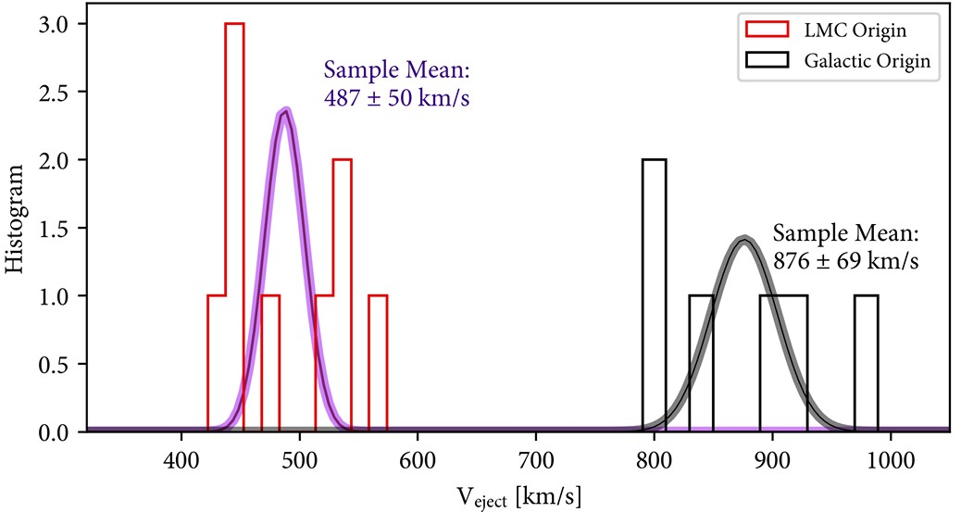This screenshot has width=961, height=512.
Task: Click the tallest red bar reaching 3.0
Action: click(234, 227)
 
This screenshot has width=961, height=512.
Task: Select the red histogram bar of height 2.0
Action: click(342, 294)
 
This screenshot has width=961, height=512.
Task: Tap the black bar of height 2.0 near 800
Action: click(654, 294)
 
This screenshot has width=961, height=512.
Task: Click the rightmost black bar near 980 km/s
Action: click(866, 363)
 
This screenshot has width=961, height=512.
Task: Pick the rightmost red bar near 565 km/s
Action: click(378, 363)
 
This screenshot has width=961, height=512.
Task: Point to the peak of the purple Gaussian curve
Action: click(286, 110)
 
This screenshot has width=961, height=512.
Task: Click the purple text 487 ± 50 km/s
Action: click(396, 96)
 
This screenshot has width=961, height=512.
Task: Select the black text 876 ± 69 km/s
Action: click(845, 260)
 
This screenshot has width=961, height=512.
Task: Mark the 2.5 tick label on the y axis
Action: click(40, 92)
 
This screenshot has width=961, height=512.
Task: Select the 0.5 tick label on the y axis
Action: click(40, 364)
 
